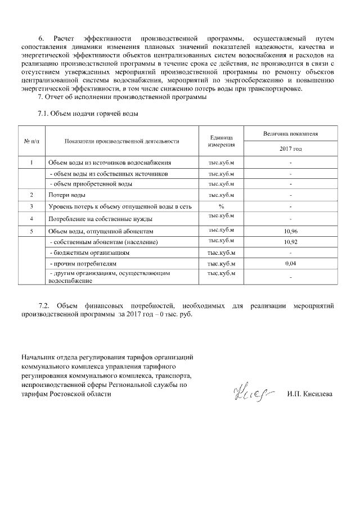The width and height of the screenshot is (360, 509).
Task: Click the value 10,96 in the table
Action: (290, 231)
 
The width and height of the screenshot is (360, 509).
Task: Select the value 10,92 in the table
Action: (290, 242)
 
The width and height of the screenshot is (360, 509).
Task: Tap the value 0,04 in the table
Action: (290, 263)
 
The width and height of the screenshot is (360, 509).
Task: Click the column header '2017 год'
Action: (290, 149)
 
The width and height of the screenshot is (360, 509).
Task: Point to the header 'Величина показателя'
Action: (290, 134)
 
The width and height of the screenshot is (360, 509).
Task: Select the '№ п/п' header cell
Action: (32, 141)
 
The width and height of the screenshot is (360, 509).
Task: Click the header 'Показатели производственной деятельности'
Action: (121, 141)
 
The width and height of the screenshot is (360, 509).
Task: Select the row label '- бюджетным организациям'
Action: (90, 253)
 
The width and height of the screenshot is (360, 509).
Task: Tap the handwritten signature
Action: (250, 392)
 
